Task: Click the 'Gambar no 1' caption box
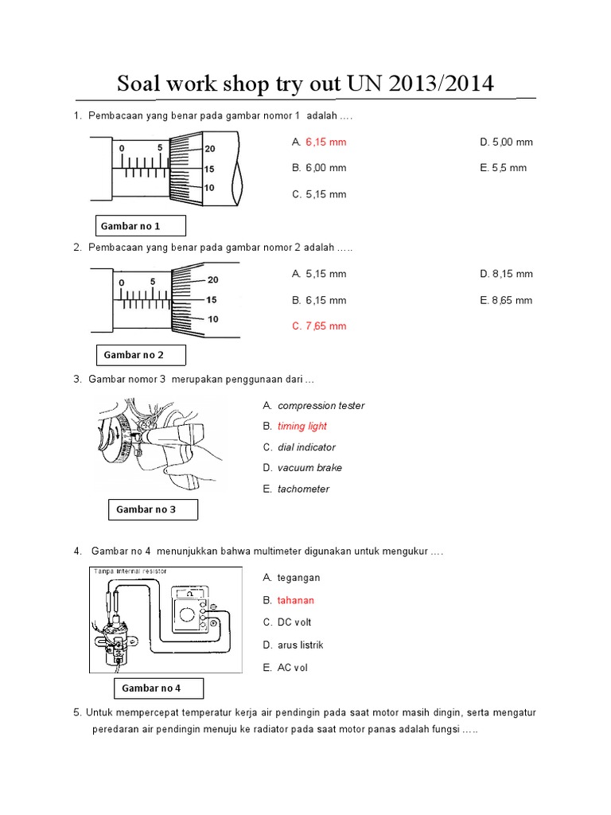pos(140,226)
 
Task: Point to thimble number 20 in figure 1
pos(209,149)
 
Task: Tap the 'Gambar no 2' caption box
pos(140,354)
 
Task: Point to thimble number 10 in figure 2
pos(212,319)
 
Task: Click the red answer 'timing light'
pos(302,427)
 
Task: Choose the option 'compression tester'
pos(321,406)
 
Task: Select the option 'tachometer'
pos(303,489)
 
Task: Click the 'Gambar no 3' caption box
pos(152,509)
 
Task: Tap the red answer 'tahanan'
pos(296,600)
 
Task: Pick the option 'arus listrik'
pos(300,645)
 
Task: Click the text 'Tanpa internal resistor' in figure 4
pos(128,571)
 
